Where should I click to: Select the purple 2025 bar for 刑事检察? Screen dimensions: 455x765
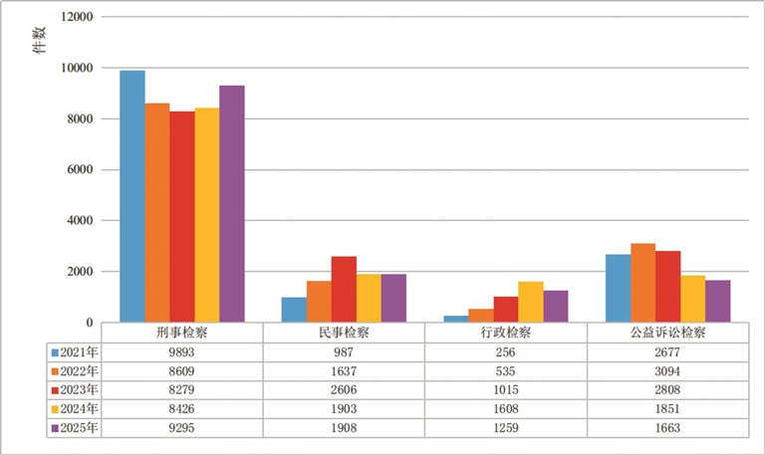coord(232,204)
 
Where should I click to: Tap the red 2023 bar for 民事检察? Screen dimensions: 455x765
coord(344,289)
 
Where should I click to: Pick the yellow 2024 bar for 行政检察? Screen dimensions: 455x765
coord(531,302)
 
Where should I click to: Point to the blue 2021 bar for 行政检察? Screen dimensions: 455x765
coord(455,319)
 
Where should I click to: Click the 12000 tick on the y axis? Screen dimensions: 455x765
coord(76,17)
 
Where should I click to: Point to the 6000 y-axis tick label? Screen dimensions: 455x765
coord(79,170)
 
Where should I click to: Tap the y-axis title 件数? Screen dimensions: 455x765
coord(39,40)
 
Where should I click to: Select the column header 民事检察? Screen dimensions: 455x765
coord(344,333)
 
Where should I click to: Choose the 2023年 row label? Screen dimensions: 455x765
coord(78,388)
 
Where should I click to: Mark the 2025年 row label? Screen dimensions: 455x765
coord(78,427)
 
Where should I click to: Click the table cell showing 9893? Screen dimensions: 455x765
coord(182,350)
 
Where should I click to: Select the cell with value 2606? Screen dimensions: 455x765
coord(344,388)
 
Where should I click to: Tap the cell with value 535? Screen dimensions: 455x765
coord(505,369)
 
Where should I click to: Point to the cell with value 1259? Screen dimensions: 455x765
coord(505,427)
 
